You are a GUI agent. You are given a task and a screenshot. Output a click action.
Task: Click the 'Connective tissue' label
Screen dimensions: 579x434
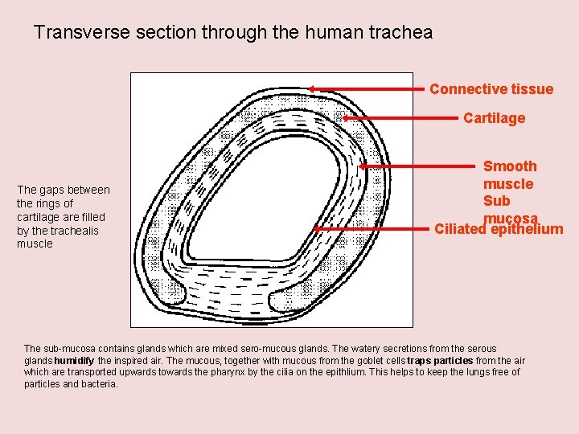click(x=491, y=89)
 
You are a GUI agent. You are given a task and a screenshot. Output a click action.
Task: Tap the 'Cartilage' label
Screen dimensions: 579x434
click(x=494, y=118)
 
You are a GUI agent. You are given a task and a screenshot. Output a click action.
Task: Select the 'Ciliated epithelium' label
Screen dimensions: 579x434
click(x=499, y=230)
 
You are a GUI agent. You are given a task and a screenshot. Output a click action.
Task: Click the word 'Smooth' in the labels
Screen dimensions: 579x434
click(x=510, y=166)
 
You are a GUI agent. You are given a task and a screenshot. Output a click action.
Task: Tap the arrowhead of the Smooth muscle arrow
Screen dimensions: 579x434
click(x=363, y=167)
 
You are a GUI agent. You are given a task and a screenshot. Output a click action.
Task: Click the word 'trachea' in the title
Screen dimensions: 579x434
click(x=401, y=33)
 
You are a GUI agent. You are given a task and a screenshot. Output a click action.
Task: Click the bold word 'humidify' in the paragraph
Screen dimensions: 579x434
click(x=74, y=361)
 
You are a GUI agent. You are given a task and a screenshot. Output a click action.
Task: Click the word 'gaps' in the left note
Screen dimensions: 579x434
click(x=52, y=190)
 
